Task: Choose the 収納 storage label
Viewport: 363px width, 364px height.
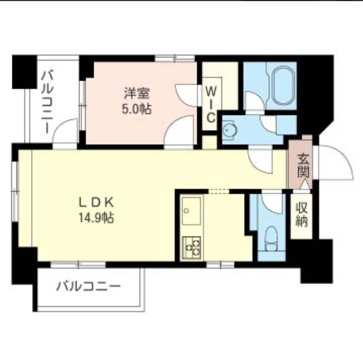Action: pyautogui.click(x=300, y=214)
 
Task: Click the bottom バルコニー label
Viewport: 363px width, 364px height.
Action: pyautogui.click(x=88, y=286)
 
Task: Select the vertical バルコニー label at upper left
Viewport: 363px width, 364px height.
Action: pyautogui.click(x=47, y=101)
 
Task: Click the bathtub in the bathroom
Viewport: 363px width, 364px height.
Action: pyautogui.click(x=281, y=86)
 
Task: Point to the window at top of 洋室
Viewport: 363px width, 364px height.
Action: pyautogui.click(x=174, y=57)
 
